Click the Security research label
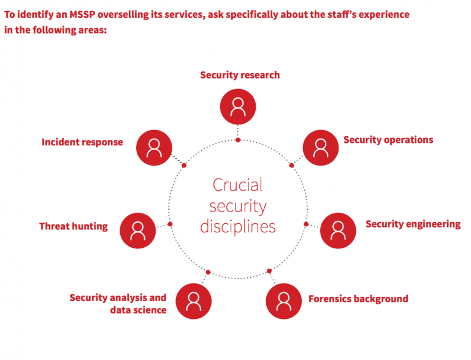pyautogui.click(x=240, y=75)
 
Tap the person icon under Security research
pyautogui.click(x=238, y=107)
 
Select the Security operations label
pyautogui.click(x=388, y=140)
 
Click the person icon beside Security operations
pyautogui.click(x=321, y=147)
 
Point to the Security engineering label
pyautogui.click(x=413, y=224)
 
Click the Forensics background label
pyautogui.click(x=358, y=299)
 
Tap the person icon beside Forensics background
pyautogui.click(x=283, y=301)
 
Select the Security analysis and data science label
pyautogui.click(x=118, y=304)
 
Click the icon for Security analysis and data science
pyautogui.click(x=194, y=301)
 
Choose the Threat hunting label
pyautogui.click(x=73, y=226)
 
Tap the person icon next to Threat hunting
pyautogui.click(x=138, y=231)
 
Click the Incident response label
pyautogui.click(x=82, y=142)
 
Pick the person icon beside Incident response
pyautogui.click(x=154, y=147)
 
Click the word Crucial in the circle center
pyautogui.click(x=237, y=185)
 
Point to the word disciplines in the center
pyautogui.click(x=238, y=226)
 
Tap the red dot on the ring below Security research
pyautogui.click(x=238, y=140)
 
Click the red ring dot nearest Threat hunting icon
pyautogui.click(x=170, y=224)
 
